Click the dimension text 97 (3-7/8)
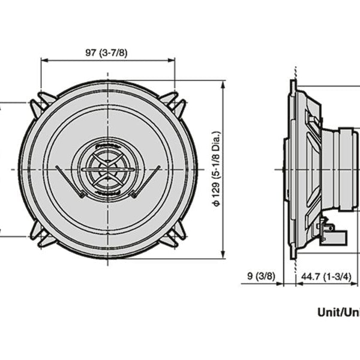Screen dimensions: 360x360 pyautogui.click(x=106, y=52)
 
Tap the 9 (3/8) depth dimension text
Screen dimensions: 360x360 pyautogui.click(x=261, y=277)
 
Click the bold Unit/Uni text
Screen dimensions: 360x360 pyautogui.click(x=338, y=311)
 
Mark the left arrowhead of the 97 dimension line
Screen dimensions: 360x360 pyautogui.click(x=44, y=60)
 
